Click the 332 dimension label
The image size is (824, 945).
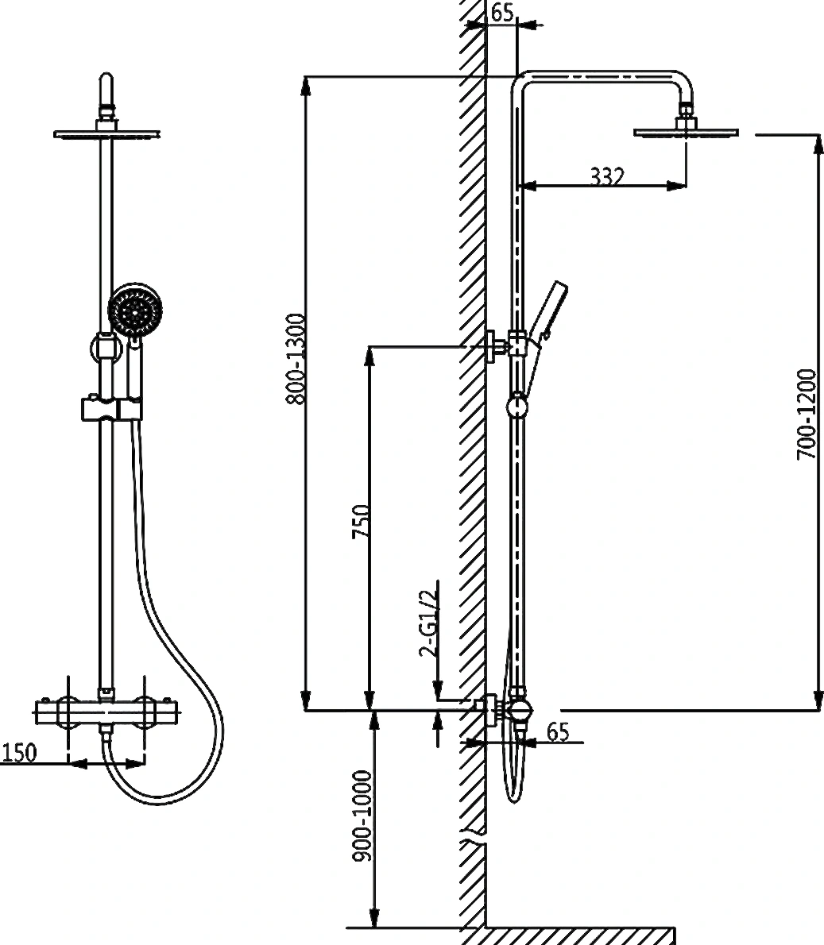pyautogui.click(x=606, y=176)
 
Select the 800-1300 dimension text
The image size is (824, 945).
pyautogui.click(x=296, y=359)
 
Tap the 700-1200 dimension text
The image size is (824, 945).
pyautogui.click(x=805, y=415)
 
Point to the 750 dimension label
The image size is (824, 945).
pyautogui.click(x=360, y=522)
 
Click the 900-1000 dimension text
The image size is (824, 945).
pyautogui.click(x=362, y=816)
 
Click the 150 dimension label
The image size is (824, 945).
pyautogui.click(x=18, y=752)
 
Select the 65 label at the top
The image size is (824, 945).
pyautogui.click(x=501, y=12)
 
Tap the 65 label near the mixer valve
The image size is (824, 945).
pyautogui.click(x=558, y=731)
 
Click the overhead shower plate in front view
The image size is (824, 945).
pyautogui.click(x=106, y=133)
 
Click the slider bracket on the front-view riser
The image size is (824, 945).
pyautogui.click(x=111, y=408)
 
